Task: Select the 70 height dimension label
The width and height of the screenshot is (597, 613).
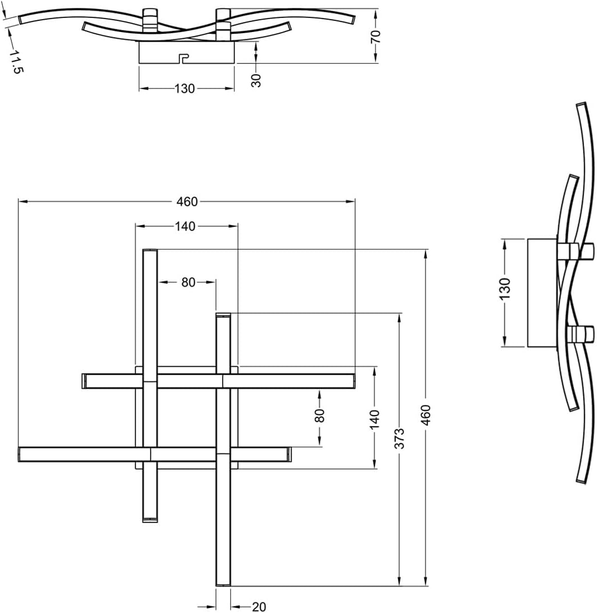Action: pyautogui.click(x=376, y=36)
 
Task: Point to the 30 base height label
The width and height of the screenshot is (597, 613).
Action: pyautogui.click(x=256, y=79)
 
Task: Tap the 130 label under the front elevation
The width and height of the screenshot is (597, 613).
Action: pyautogui.click(x=185, y=88)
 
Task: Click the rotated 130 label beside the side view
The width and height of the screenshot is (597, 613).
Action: pyautogui.click(x=504, y=288)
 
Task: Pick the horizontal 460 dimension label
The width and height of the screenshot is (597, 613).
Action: pyautogui.click(x=187, y=201)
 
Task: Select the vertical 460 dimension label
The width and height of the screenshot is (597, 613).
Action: pyautogui.click(x=426, y=414)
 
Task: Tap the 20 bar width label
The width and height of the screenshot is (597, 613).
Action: pyautogui.click(x=259, y=606)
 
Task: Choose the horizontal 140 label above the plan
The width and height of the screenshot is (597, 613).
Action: pyautogui.click(x=185, y=226)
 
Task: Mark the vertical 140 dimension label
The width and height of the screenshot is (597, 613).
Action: pyautogui.click(x=375, y=420)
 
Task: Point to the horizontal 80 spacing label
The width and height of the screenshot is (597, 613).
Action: pyautogui.click(x=188, y=282)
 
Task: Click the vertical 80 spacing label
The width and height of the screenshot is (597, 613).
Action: pyautogui.click(x=320, y=415)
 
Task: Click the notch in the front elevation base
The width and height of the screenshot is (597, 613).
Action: pyautogui.click(x=183, y=58)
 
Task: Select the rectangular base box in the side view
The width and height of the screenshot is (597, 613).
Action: pyautogui.click(x=542, y=292)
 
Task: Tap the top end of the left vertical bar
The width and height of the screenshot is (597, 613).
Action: pyautogui.click(x=150, y=252)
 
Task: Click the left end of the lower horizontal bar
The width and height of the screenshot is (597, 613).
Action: pyautogui.click(x=21, y=454)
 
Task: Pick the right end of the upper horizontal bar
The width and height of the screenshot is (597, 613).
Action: pyautogui.click(x=352, y=381)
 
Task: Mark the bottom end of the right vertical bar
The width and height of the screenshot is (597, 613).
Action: pyautogui.click(x=223, y=583)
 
